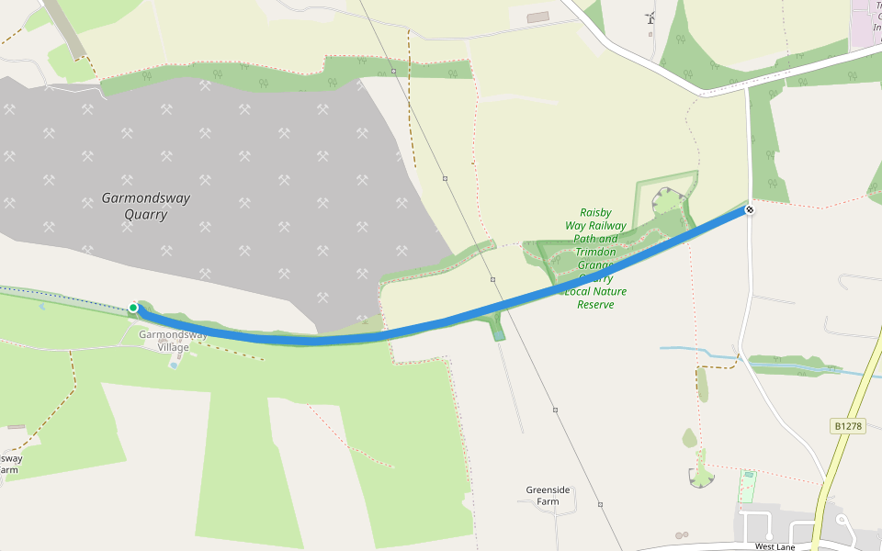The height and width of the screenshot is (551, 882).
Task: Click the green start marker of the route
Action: point(133,308)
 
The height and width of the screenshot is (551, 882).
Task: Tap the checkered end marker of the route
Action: point(750,210)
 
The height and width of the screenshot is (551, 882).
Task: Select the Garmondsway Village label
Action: point(164,341)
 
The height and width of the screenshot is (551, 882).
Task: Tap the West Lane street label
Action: point(774,546)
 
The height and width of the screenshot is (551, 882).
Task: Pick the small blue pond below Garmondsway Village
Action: point(174,365)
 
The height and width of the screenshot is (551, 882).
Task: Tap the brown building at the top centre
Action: point(537,17)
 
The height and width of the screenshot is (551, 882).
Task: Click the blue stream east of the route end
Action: point(698,350)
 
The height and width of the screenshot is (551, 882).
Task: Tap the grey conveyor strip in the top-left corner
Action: point(67,28)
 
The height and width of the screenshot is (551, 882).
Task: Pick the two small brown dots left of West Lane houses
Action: point(681,534)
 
